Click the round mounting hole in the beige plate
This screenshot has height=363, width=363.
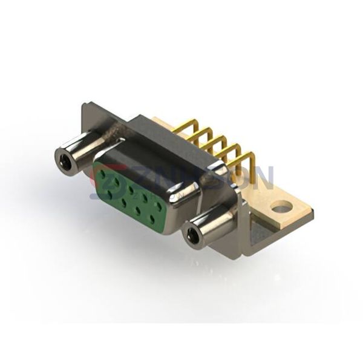click(x=281, y=209)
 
